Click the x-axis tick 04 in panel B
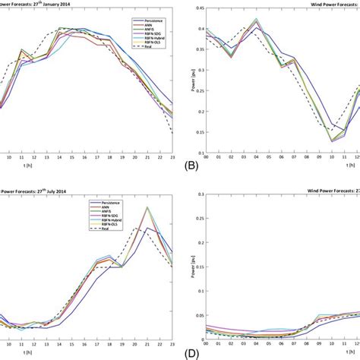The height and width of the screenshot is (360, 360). click(x=257, y=158)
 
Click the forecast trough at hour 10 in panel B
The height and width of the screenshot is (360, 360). click(x=332, y=140)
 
